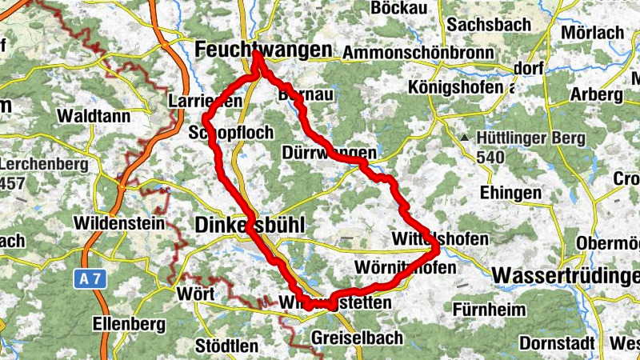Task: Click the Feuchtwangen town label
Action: click(x=262, y=50)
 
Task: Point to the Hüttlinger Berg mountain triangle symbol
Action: click(x=465, y=138)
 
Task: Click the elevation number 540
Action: click(x=490, y=156)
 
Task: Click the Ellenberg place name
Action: click(x=128, y=324)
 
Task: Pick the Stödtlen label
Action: click(x=227, y=346)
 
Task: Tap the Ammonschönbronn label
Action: click(x=418, y=51)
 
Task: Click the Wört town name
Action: click(x=195, y=294)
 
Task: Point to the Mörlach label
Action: click(x=593, y=33)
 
